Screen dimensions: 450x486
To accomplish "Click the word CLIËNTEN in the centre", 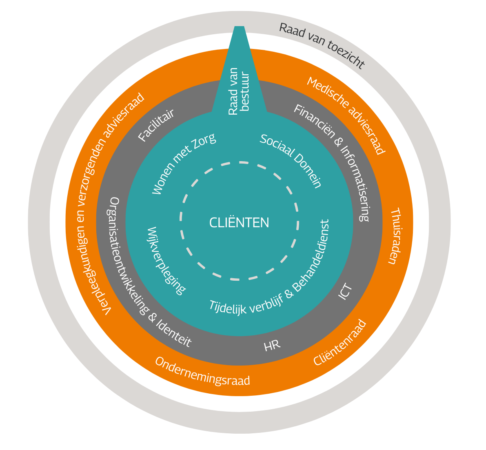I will click(239, 223).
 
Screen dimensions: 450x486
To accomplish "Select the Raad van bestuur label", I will click(238, 91).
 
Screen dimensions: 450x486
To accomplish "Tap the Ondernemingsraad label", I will click(202, 372).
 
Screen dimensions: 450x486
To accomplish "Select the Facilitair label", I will click(156, 125).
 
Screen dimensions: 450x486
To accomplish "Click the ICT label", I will click(345, 292).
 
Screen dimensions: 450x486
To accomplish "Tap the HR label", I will click(272, 346).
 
